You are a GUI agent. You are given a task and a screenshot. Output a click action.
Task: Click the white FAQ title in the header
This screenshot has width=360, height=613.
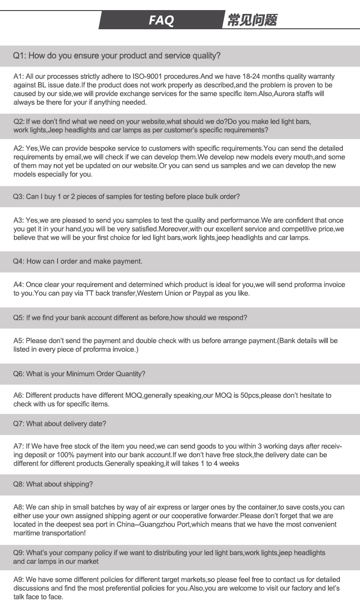point(161,20)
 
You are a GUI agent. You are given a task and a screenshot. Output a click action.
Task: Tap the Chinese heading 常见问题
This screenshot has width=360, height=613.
point(252,20)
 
